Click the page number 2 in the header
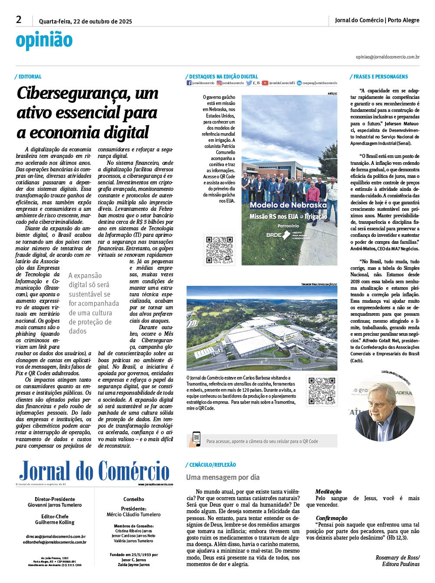(x=19, y=20)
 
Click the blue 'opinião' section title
(x=44, y=41)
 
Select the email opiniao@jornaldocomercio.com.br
(x=387, y=57)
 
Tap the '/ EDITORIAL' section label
(x=29, y=77)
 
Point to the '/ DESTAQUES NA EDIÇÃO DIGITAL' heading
(x=222, y=77)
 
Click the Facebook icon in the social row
(x=189, y=83)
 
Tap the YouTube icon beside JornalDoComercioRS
(x=265, y=83)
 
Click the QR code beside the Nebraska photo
(x=219, y=250)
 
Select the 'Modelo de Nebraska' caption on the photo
(x=288, y=205)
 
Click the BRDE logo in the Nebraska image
(x=278, y=235)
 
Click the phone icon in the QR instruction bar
(x=196, y=439)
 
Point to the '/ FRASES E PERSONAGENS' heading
(x=379, y=77)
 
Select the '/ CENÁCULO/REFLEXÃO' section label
(x=211, y=465)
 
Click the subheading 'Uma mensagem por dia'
(x=223, y=477)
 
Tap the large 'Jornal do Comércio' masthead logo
(x=94, y=472)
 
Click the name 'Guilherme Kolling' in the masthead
(x=55, y=522)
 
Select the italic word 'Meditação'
(x=328, y=491)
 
